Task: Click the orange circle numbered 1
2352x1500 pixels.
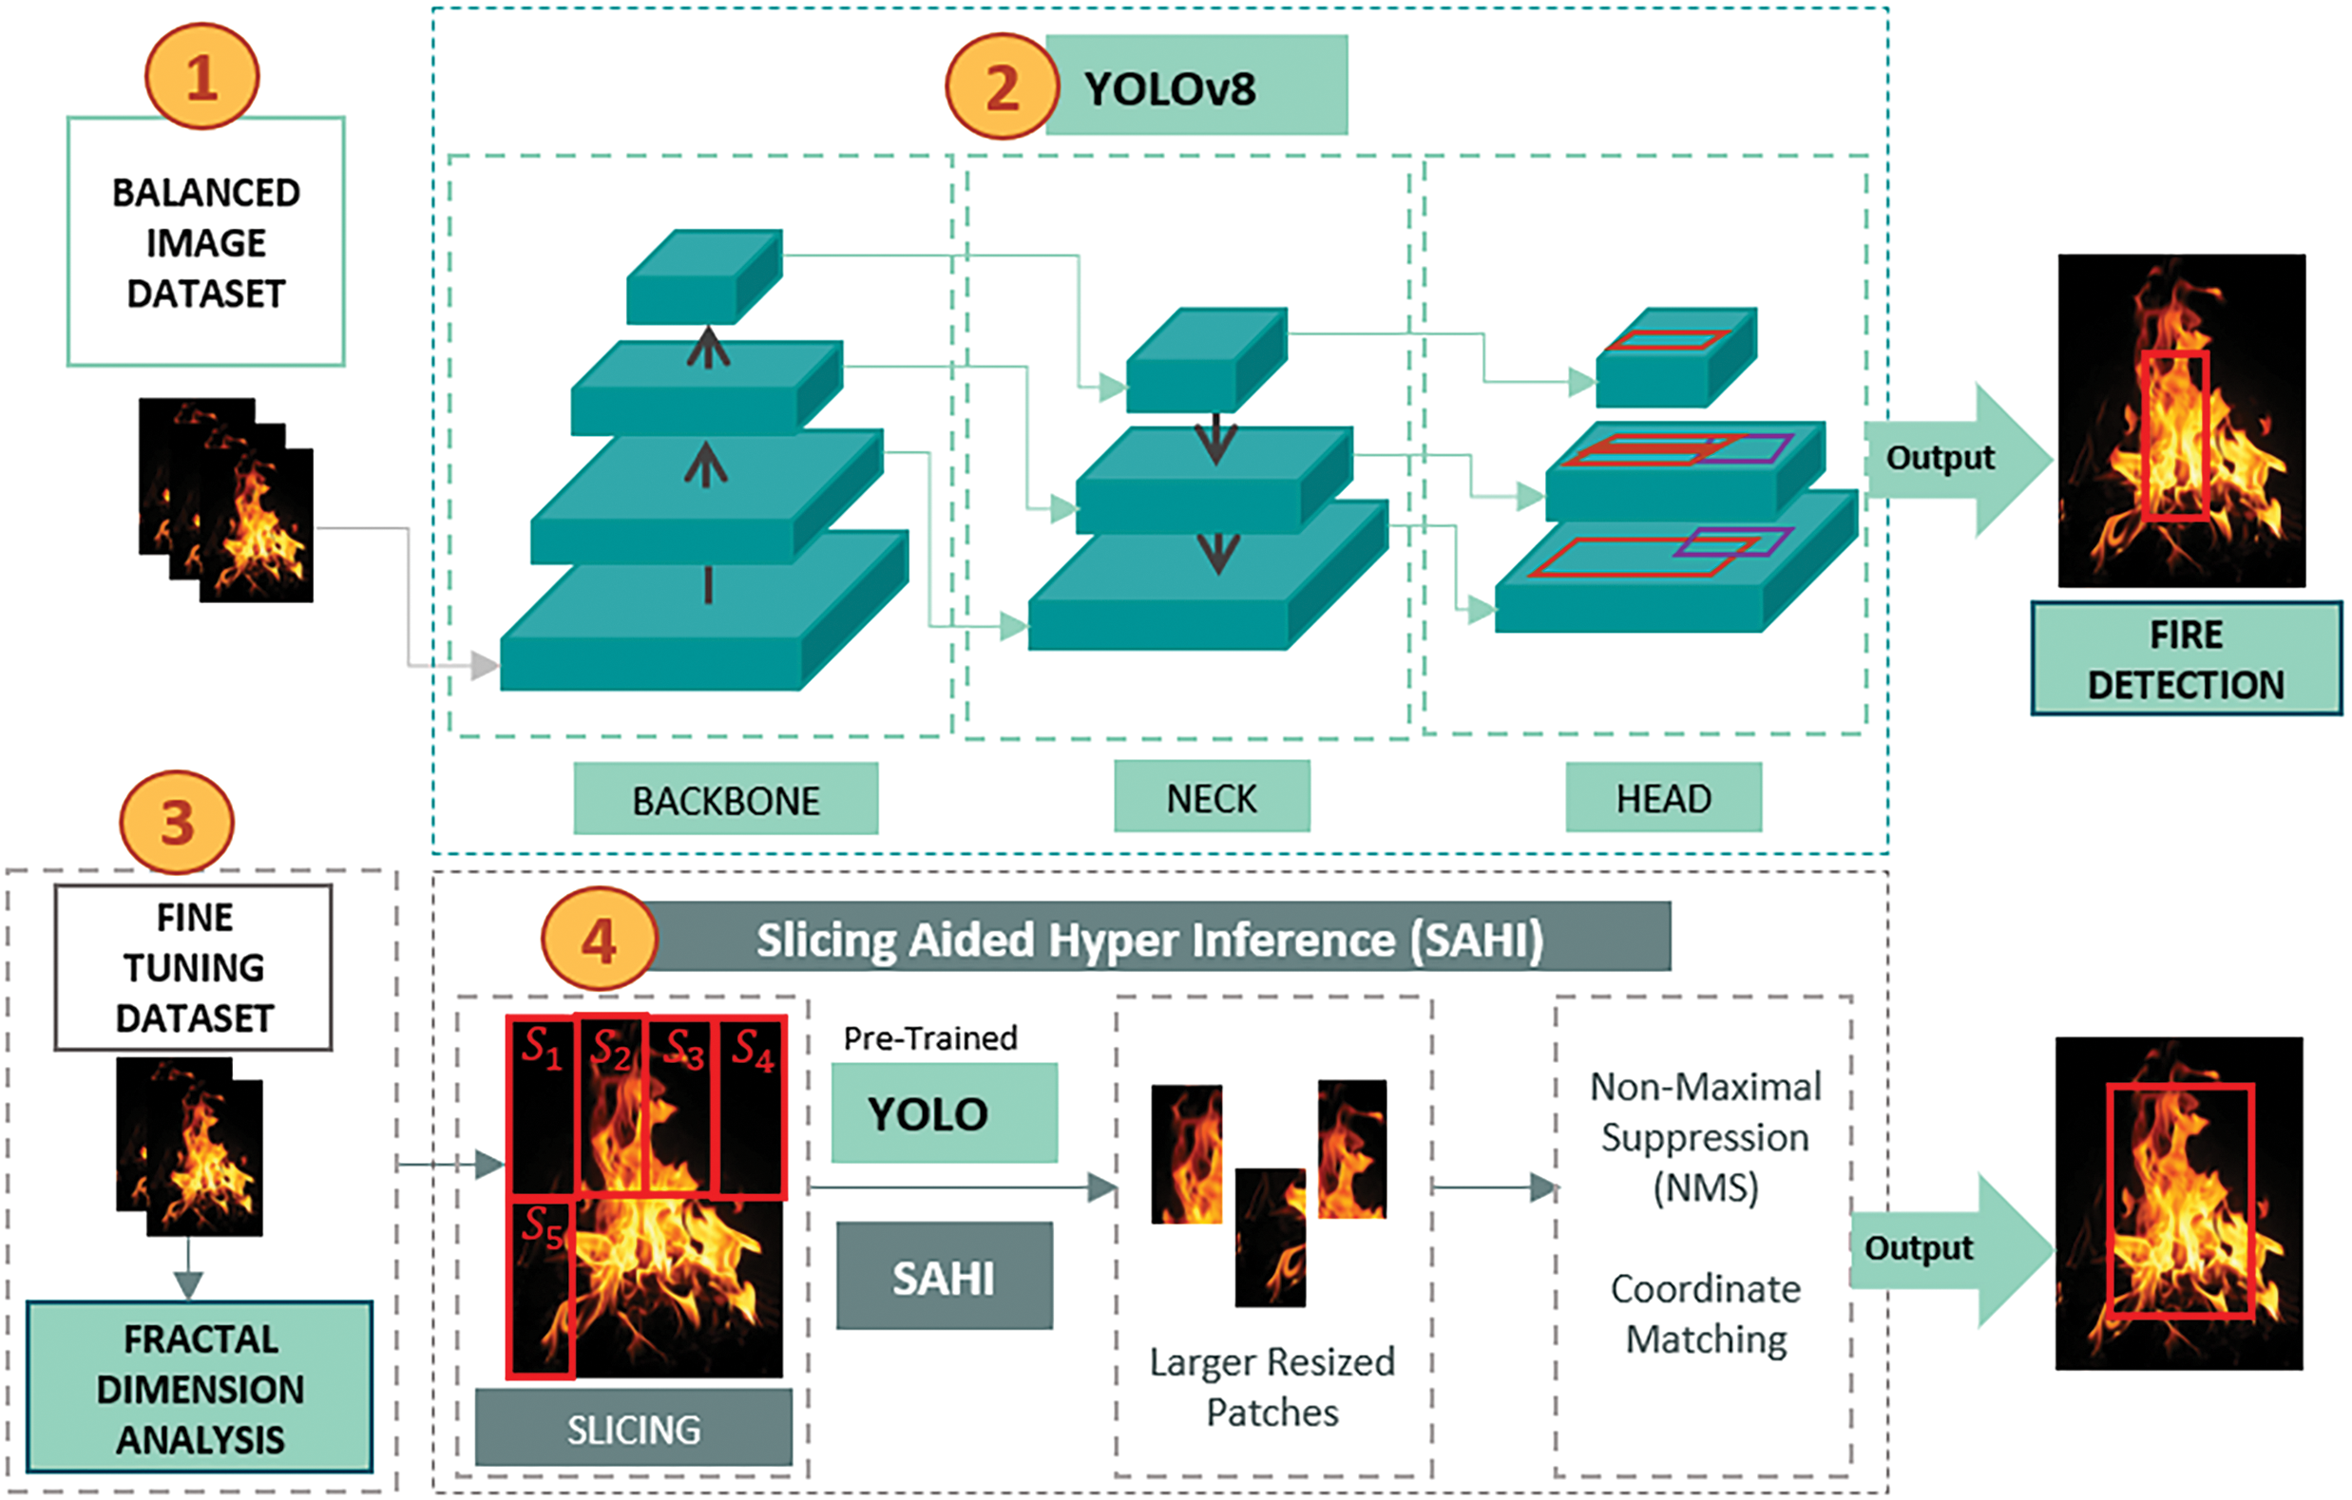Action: click(202, 76)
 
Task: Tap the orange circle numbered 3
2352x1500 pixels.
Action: click(177, 823)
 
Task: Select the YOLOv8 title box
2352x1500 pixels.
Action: click(1197, 85)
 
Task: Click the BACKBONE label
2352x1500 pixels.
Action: click(726, 800)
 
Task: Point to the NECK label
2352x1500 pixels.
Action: click(1212, 798)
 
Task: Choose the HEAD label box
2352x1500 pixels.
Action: click(1663, 798)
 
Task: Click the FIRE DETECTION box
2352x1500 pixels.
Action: click(2186, 659)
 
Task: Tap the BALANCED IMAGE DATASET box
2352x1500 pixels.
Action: click(206, 242)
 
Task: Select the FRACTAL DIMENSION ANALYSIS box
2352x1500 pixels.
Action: click(201, 1388)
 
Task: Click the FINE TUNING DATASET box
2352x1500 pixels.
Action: click(194, 967)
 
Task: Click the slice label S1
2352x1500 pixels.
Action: click(540, 1049)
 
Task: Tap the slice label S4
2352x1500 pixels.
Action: click(752, 1051)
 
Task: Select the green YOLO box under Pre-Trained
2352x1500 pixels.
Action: click(944, 1113)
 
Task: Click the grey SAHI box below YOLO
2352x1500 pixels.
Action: click(944, 1277)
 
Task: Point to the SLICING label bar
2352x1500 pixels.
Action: click(634, 1429)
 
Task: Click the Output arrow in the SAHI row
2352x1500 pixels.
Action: click(1943, 1250)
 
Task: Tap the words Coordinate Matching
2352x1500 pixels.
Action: click(1706, 1314)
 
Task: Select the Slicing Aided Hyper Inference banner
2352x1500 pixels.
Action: click(1151, 939)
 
